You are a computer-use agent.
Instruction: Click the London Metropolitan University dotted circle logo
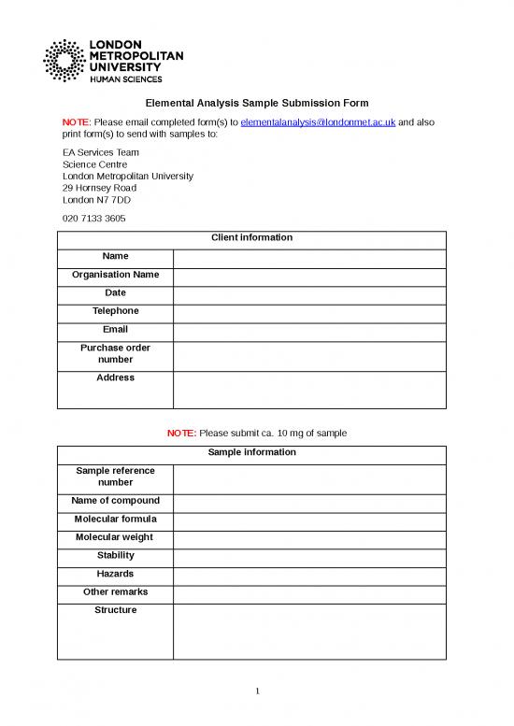(x=64, y=61)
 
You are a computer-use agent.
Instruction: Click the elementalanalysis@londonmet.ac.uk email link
(x=319, y=122)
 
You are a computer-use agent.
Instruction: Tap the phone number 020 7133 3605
(x=93, y=219)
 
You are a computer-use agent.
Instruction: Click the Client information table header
(x=251, y=238)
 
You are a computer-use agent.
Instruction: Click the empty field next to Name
(x=309, y=257)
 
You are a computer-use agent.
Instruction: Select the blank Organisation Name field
(x=309, y=276)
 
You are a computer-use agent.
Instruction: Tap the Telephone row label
(x=115, y=311)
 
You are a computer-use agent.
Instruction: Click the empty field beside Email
(x=309, y=330)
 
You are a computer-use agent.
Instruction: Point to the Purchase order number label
(x=115, y=354)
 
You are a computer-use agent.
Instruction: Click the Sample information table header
(x=251, y=453)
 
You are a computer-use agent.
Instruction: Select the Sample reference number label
(x=115, y=477)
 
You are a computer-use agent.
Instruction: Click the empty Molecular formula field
(x=309, y=520)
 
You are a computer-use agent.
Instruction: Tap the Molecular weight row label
(x=115, y=537)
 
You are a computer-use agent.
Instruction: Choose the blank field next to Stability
(x=309, y=556)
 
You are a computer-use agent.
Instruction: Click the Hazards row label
(x=115, y=574)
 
